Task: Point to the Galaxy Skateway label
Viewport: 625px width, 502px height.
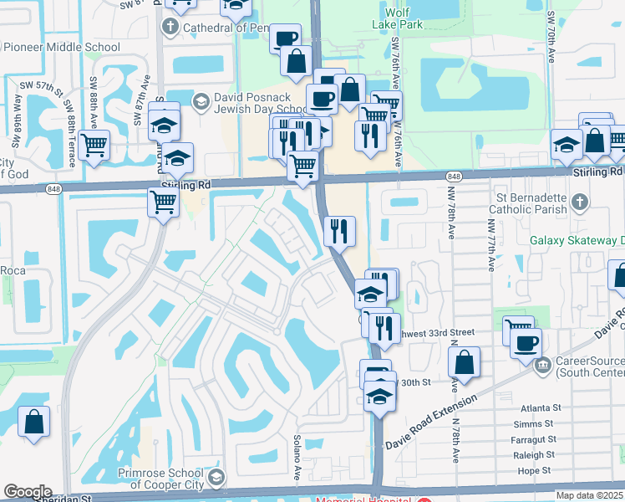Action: point(577,240)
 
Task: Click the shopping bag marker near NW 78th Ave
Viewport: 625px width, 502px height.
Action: point(464,363)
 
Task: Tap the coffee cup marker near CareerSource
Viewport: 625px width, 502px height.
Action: point(526,343)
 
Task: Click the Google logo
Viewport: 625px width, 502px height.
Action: point(28,492)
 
